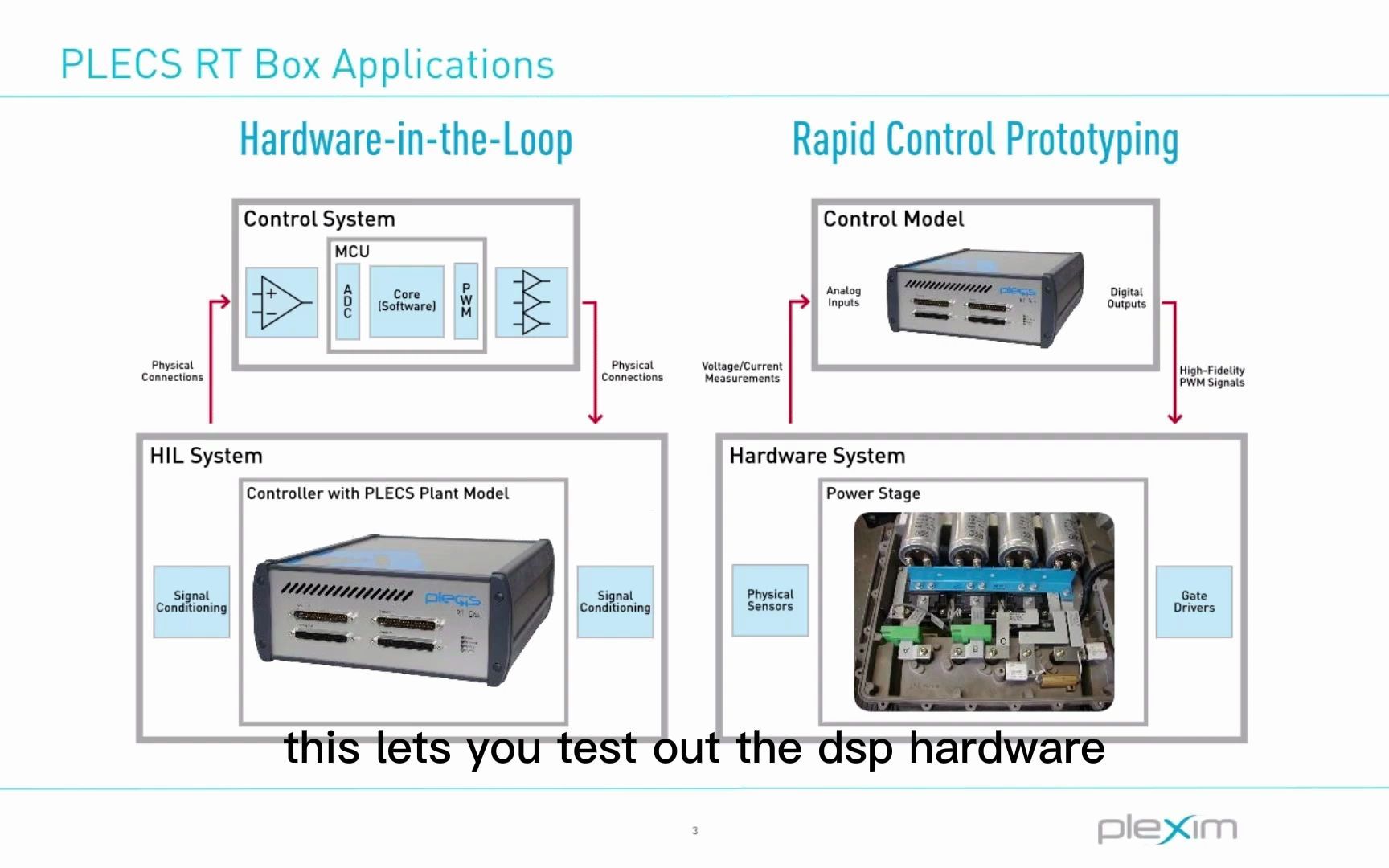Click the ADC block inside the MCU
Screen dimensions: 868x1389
[347, 301]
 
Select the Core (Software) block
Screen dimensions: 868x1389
[407, 301]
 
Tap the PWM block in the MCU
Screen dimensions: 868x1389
[466, 301]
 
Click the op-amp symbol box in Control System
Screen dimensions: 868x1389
[281, 302]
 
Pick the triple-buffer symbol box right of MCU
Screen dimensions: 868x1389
[531, 302]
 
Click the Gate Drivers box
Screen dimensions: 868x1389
[1194, 602]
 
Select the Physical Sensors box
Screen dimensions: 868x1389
[770, 600]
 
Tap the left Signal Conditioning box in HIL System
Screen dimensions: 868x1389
[191, 602]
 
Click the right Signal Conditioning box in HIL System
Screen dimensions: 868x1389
[615, 602]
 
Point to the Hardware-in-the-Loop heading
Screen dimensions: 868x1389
[406, 140]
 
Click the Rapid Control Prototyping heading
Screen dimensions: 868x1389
[985, 140]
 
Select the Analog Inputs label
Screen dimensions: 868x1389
[843, 297]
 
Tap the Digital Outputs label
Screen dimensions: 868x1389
[1126, 298]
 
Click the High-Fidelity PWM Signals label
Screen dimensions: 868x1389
[1211, 376]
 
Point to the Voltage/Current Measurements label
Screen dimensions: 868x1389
[742, 372]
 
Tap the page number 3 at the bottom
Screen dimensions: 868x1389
[694, 831]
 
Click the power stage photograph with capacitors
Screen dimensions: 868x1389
[984, 612]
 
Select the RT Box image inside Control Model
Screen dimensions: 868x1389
[985, 298]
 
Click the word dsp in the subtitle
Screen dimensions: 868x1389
[855, 749]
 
